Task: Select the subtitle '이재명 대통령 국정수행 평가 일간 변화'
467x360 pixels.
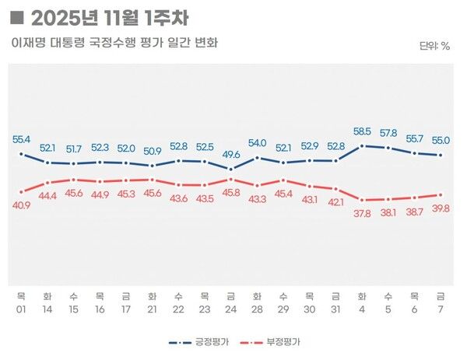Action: (114, 42)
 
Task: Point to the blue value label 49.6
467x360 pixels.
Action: (230, 155)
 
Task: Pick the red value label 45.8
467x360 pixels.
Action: (230, 191)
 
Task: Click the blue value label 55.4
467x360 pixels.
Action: (22, 140)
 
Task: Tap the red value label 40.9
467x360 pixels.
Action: (22, 205)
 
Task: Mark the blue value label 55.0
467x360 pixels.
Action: (441, 140)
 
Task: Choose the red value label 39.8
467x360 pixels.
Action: (441, 208)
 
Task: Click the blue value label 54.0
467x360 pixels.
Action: (257, 143)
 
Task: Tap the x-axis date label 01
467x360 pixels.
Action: (22, 309)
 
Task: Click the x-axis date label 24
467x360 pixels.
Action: (230, 309)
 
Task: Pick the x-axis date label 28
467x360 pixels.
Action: (257, 309)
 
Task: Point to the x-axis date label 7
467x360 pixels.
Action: (441, 309)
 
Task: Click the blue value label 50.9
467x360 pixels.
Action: (153, 151)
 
